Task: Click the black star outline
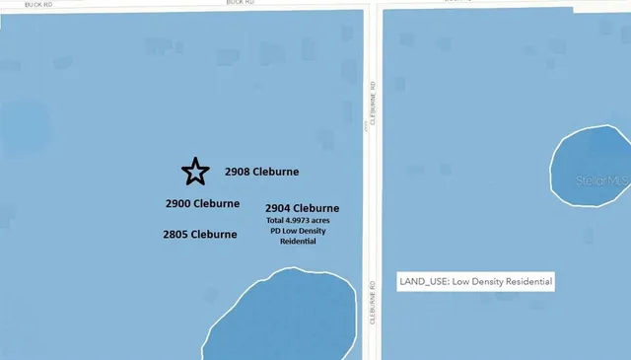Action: click(x=195, y=172)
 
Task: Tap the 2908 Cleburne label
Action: click(x=261, y=172)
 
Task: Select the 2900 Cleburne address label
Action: click(x=202, y=203)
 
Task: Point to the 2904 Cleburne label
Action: click(x=303, y=208)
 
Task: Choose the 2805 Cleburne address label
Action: click(x=199, y=235)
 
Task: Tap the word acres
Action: click(x=319, y=221)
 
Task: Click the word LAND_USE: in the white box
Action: click(x=420, y=282)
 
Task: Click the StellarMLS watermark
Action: click(x=601, y=180)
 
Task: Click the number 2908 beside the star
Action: click(x=237, y=172)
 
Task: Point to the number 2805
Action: click(x=174, y=235)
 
